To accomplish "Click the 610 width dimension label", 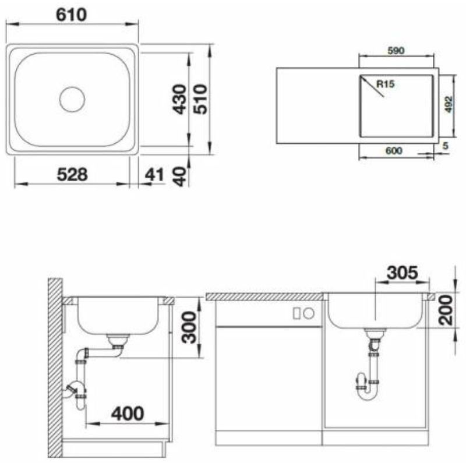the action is tap(71, 15).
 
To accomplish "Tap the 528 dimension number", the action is tap(72, 174).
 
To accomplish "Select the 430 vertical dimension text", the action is tap(180, 100).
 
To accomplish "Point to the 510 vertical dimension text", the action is tap(200, 99).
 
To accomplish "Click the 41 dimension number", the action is tap(154, 175).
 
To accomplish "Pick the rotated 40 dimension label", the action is tap(180, 176).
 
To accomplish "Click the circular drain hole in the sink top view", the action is tap(72, 99).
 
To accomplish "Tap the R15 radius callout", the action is tap(386, 84).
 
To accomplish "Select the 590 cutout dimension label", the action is tap(396, 51).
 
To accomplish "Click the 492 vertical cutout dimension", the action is tap(449, 105).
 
